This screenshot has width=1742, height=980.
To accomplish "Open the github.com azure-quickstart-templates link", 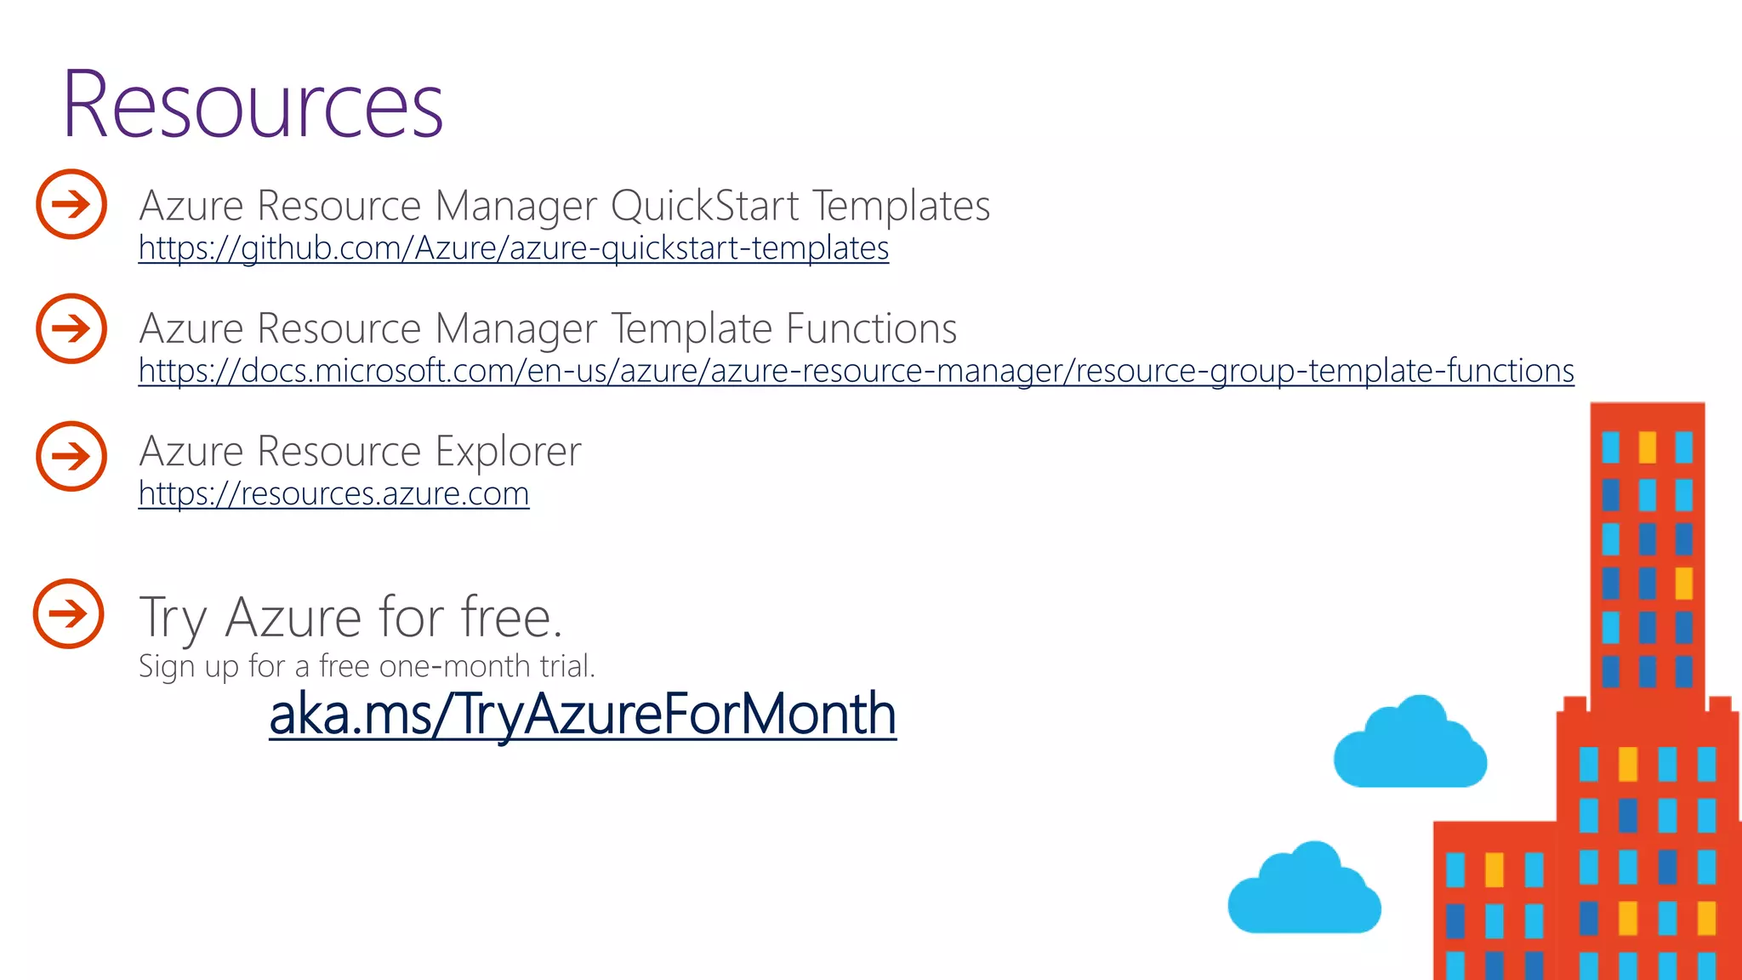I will pyautogui.click(x=514, y=248).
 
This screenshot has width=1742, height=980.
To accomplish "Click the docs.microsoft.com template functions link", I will pyautogui.click(x=856, y=371).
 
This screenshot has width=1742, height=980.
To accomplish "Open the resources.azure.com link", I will pyautogui.click(x=333, y=493).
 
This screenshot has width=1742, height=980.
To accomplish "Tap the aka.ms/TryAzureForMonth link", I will pyautogui.click(x=583, y=714).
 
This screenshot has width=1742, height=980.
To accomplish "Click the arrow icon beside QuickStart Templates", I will pyautogui.click(x=71, y=204).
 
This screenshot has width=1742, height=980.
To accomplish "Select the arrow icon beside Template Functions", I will pyautogui.click(x=71, y=328).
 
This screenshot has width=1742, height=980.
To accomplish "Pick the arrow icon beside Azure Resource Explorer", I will pyautogui.click(x=71, y=456).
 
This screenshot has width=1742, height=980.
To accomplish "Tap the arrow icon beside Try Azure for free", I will pyautogui.click(x=69, y=613).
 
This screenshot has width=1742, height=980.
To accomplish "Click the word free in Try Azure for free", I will pyautogui.click(x=510, y=617).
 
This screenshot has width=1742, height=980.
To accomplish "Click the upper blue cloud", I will pyautogui.click(x=1410, y=745).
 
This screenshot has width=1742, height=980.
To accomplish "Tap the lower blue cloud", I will pyautogui.click(x=1304, y=892).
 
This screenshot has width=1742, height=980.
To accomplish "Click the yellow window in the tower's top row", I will pyautogui.click(x=1648, y=447).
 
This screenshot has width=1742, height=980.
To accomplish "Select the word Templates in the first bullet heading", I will pyautogui.click(x=901, y=206).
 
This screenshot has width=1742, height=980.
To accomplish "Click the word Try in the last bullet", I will pyautogui.click(x=173, y=618).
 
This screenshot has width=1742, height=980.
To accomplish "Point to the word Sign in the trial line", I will pyautogui.click(x=167, y=667).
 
